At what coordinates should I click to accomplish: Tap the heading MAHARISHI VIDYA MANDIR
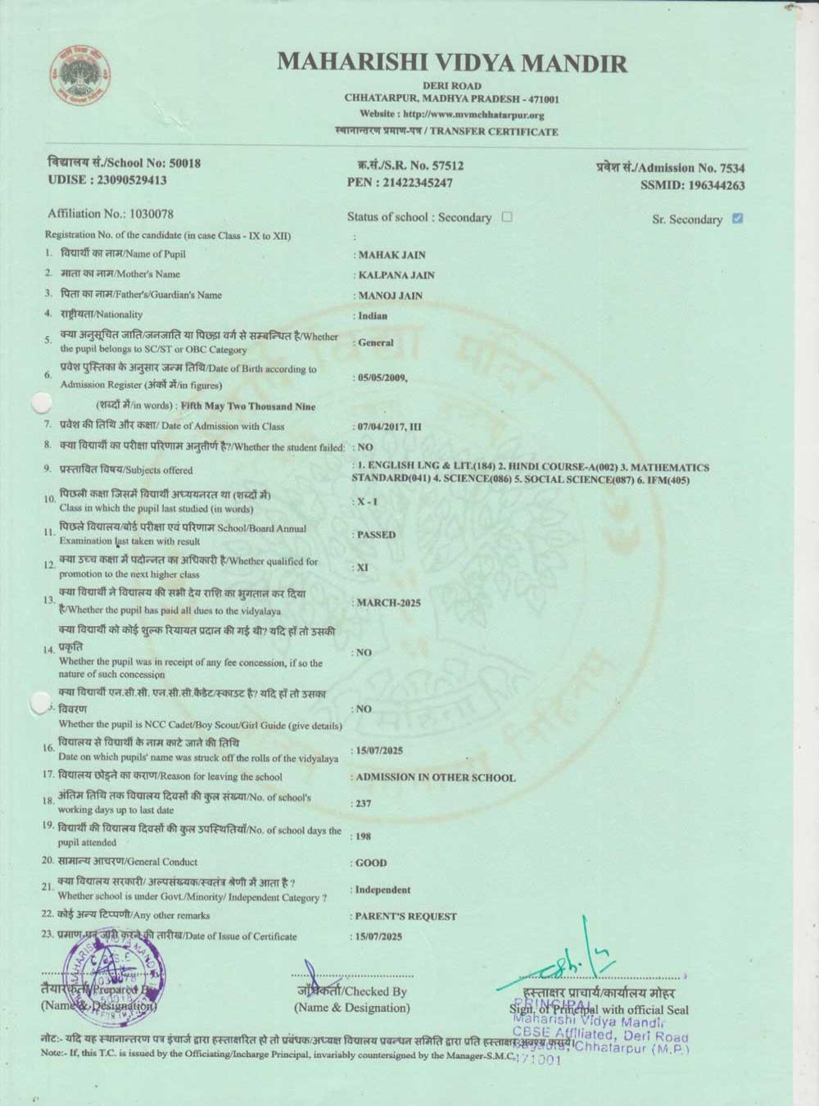[452, 63]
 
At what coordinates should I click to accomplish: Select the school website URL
[452, 115]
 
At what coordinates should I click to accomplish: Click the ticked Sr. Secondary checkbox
[737, 218]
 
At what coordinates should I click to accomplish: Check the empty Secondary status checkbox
[507, 217]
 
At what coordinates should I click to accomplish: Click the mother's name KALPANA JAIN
[396, 275]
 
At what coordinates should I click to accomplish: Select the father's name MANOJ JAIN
[390, 296]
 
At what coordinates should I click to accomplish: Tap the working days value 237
[363, 804]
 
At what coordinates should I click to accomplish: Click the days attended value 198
[363, 836]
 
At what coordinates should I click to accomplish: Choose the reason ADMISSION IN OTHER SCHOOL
[436, 777]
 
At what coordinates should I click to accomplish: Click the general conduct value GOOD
[371, 863]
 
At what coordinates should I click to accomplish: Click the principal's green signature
[573, 959]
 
